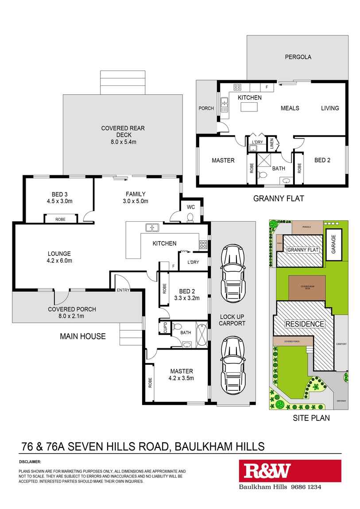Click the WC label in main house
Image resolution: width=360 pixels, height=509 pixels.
[x=190, y=206]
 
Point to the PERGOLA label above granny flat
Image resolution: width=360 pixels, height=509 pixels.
[x=298, y=57]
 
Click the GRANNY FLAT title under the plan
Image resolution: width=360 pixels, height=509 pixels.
[x=279, y=199]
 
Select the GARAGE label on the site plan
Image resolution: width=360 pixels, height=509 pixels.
[x=334, y=243]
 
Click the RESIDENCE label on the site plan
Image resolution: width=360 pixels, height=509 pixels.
[x=304, y=324]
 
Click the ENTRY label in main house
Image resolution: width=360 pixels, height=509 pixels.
[x=123, y=290]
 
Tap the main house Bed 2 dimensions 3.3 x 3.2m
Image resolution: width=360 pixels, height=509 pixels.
[x=187, y=298]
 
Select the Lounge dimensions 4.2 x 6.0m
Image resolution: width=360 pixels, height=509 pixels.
[x=59, y=261]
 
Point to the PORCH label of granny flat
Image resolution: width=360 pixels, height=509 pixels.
[x=206, y=108]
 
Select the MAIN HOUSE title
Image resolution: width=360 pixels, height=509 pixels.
[x=83, y=336]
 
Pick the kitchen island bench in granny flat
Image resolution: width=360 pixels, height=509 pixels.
[x=249, y=107]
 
